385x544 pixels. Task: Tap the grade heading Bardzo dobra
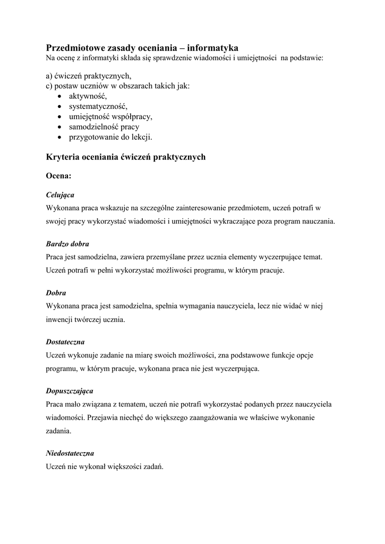coord(67,244)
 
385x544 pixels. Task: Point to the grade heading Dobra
coord(56,293)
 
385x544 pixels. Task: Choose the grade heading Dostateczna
coord(65,342)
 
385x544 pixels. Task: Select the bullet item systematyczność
coord(98,106)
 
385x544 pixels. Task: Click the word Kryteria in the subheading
coord(63,157)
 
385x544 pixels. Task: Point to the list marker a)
coord(50,76)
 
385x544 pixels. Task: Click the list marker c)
coord(50,86)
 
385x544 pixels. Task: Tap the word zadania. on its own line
coord(58,431)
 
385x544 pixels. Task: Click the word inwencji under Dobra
coord(61,320)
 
